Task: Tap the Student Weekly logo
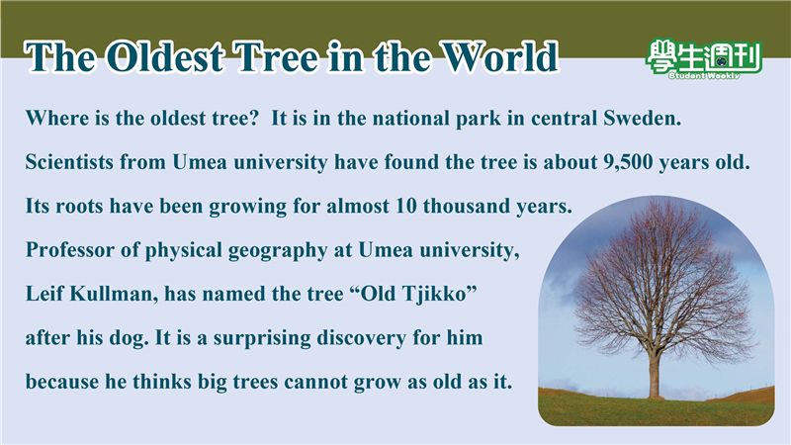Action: tap(703, 59)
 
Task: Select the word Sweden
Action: tap(642, 118)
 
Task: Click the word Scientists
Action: tap(69, 162)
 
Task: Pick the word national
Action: tap(410, 118)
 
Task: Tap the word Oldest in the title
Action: tap(165, 56)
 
